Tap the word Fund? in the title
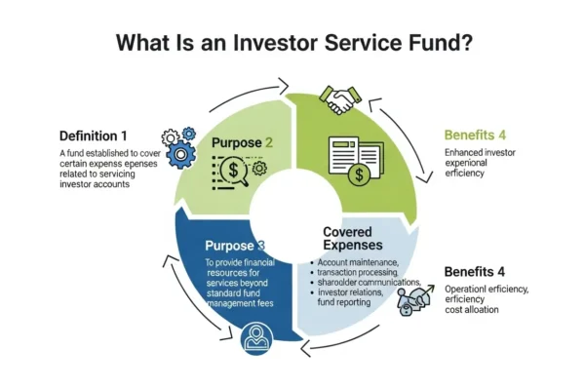pyautogui.click(x=435, y=43)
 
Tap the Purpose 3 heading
pyautogui.click(x=235, y=246)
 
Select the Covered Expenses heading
pyautogui.click(x=357, y=241)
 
